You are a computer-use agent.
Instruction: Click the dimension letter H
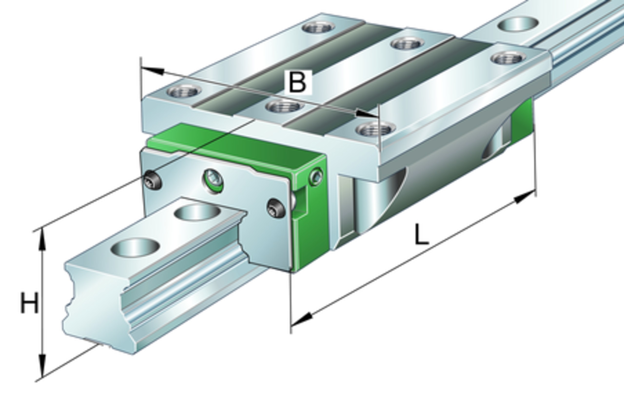(x=29, y=303)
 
